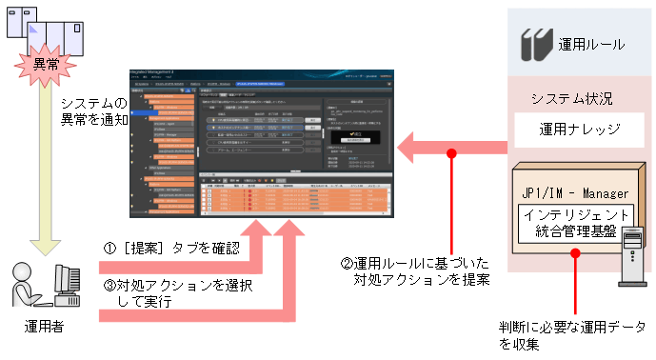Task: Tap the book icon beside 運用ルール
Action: [534, 44]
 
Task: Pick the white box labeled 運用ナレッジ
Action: [580, 130]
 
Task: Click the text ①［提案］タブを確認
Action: [170, 248]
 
